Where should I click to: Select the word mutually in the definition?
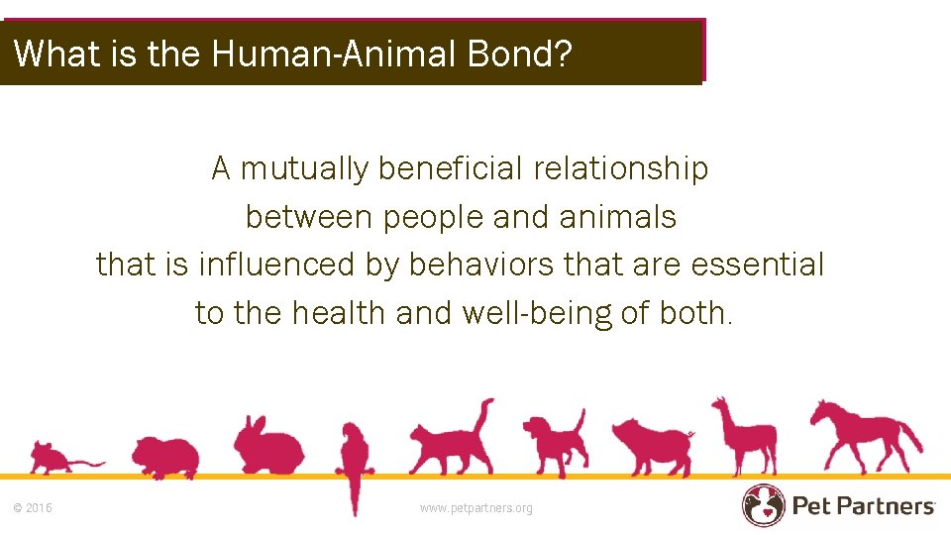[303, 169]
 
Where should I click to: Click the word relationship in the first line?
[621, 169]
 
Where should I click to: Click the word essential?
[757, 265]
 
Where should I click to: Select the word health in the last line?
[342, 313]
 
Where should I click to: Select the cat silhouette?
[451, 442]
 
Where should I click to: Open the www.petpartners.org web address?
[475, 508]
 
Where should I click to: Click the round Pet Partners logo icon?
[763, 505]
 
